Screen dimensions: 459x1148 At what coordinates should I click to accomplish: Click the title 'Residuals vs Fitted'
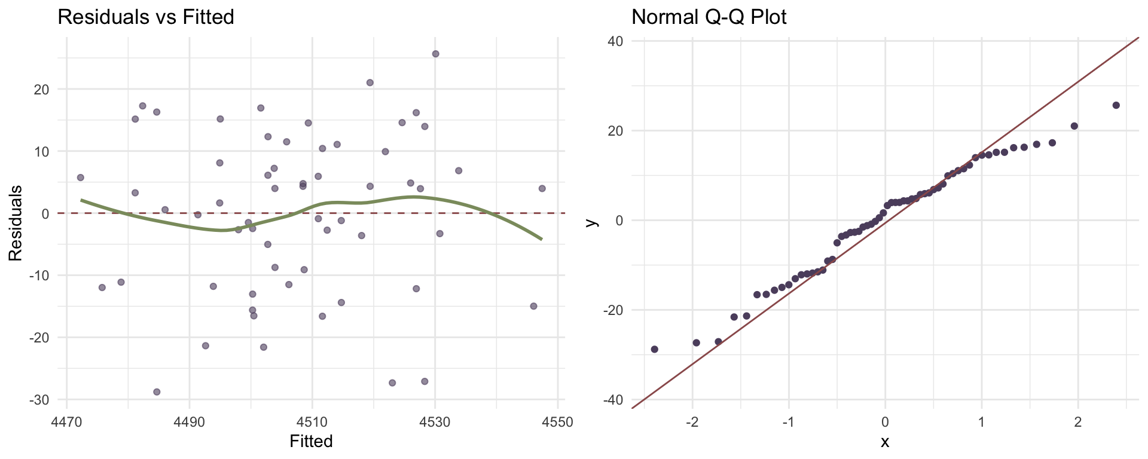145,17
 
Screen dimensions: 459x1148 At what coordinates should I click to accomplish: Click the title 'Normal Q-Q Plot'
709,17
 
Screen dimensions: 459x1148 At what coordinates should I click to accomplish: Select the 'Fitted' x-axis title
311,442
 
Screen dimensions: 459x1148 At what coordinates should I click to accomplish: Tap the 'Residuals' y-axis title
15,223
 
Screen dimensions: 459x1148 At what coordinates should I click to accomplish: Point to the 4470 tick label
66,422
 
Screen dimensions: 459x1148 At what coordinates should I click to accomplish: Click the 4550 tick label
557,422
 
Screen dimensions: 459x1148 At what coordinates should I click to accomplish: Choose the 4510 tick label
312,422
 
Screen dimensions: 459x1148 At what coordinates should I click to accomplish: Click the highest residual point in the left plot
435,54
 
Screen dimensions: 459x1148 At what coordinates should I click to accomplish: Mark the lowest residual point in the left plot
157,392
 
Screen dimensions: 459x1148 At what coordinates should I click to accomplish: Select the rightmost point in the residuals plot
542,188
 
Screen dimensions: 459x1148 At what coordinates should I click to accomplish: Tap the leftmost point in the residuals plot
80,178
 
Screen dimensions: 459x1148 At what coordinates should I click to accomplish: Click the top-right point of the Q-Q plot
1116,105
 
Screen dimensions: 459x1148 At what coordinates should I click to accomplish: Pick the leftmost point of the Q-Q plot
654,349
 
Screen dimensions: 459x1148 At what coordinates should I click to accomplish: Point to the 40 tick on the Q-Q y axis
616,41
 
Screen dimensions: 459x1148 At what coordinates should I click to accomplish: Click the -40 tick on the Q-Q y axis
613,399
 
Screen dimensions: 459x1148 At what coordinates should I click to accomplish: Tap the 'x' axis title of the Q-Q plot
885,442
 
